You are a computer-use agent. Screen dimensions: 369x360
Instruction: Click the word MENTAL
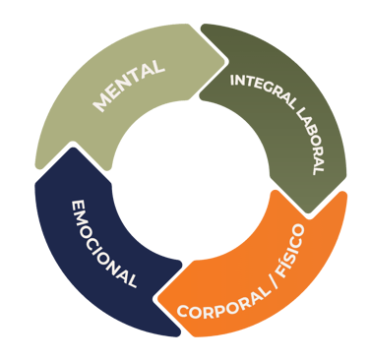coord(129,85)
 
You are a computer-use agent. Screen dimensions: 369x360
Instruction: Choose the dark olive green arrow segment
coord(288,108)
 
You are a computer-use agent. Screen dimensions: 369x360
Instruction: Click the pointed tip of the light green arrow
coord(225,61)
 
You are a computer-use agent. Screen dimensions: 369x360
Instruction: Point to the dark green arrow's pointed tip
coord(309,213)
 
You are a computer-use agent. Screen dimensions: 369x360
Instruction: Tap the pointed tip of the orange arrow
coord(157,299)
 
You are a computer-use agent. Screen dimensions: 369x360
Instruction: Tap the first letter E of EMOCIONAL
coord(78,206)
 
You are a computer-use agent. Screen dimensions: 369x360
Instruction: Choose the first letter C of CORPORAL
coord(183,312)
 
